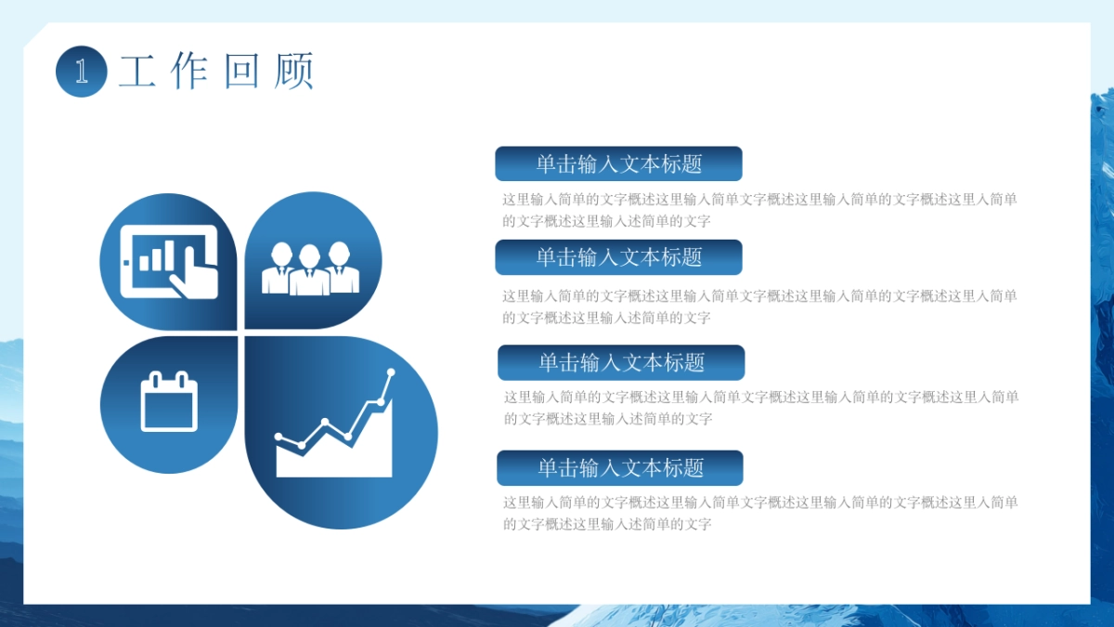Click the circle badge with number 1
coord(82,72)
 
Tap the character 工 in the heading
coord(137,72)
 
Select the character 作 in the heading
coord(188,72)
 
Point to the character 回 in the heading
coord(241,72)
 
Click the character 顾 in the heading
coord(294,72)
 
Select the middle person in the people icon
coord(309,269)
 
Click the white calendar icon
coord(169,401)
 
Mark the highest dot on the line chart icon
coord(391,372)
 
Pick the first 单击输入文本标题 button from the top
coord(618,163)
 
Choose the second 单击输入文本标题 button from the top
coord(618,257)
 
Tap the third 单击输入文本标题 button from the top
coord(621,362)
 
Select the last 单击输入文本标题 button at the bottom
coord(620,468)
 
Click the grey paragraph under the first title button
coord(759,210)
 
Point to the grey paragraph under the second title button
coord(759,307)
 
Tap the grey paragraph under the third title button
coord(761,408)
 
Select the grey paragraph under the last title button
coord(760,513)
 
